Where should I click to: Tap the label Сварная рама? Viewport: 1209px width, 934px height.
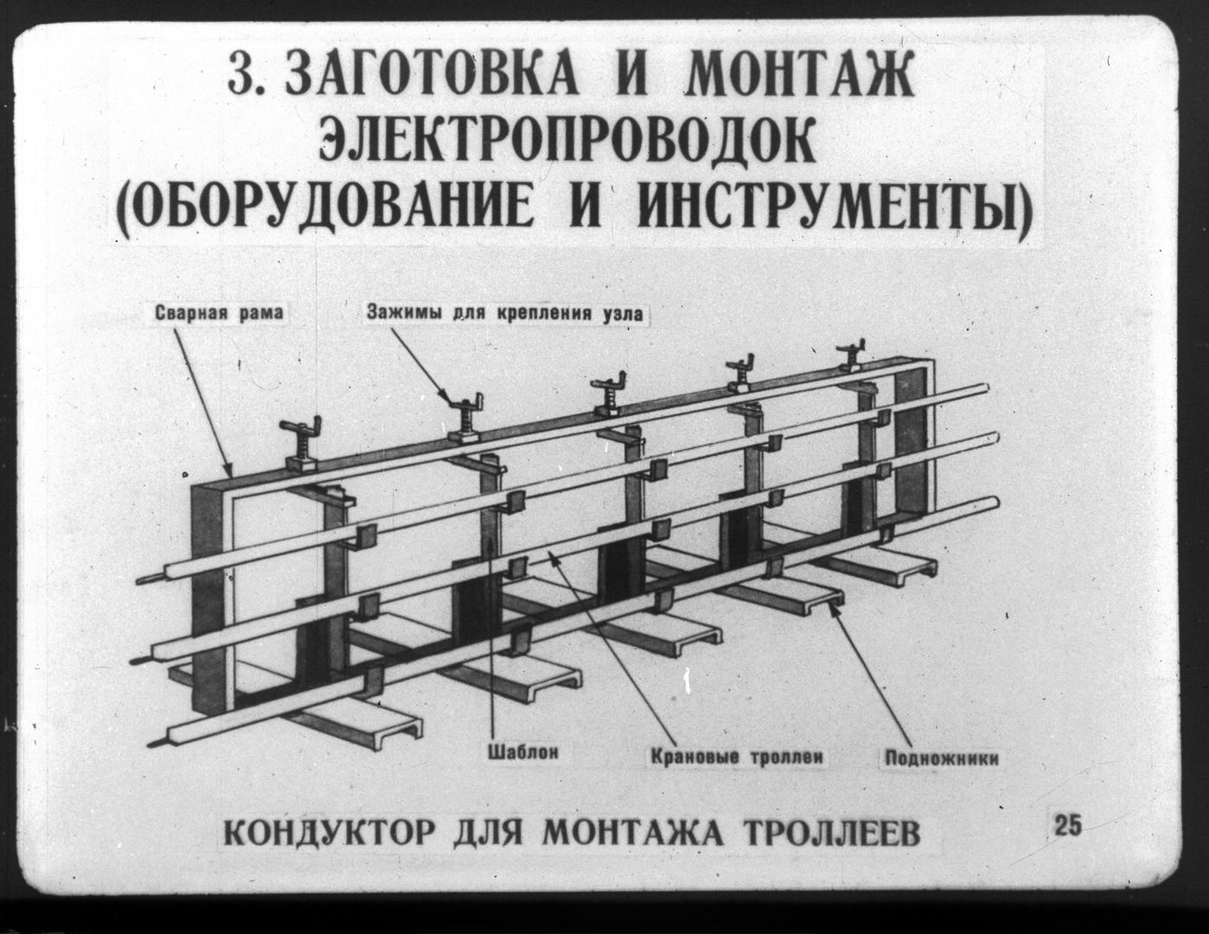[x=219, y=313]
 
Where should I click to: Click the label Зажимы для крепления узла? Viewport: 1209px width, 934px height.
[x=505, y=313]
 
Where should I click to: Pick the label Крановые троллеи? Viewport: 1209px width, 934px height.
[x=736, y=757]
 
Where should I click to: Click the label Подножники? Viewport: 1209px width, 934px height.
[x=942, y=758]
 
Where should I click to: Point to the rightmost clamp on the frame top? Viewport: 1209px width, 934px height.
[x=852, y=357]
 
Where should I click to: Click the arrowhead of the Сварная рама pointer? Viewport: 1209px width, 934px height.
[x=228, y=470]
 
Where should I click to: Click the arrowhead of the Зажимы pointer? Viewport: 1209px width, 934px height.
[x=448, y=396]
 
